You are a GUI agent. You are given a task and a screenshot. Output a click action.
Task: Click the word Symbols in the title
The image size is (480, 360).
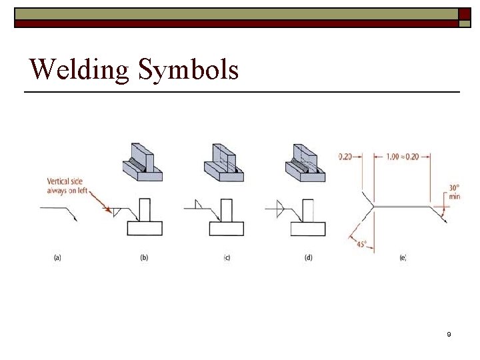189,69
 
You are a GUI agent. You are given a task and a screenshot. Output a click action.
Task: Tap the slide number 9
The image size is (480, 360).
449,334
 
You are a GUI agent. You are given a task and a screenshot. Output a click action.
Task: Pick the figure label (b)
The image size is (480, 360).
144,257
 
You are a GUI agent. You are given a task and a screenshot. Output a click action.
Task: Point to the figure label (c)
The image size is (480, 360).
227,257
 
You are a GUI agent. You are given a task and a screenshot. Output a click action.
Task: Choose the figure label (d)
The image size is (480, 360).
308,257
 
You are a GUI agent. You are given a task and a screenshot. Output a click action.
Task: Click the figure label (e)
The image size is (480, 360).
403,257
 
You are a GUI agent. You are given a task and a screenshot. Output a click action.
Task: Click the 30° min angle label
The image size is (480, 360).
454,192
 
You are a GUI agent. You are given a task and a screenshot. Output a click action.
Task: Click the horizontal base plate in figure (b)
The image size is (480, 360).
144,229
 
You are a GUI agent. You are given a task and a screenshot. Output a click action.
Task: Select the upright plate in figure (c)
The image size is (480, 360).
227,210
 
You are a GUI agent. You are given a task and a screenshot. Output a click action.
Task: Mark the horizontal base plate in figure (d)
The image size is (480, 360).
308,229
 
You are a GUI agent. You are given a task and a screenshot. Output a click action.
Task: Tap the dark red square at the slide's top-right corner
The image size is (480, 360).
465,14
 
